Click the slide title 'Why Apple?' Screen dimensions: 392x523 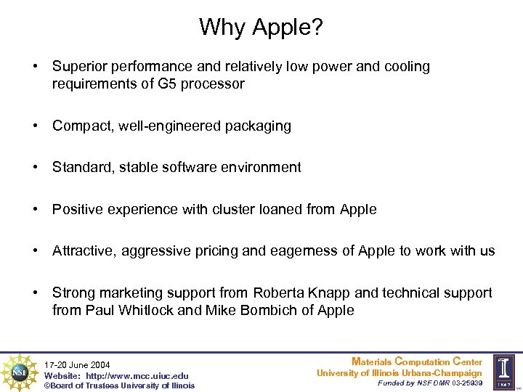coord(261,28)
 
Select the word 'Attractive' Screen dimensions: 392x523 coord(85,251)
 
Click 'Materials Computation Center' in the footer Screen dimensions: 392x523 coord(416,362)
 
